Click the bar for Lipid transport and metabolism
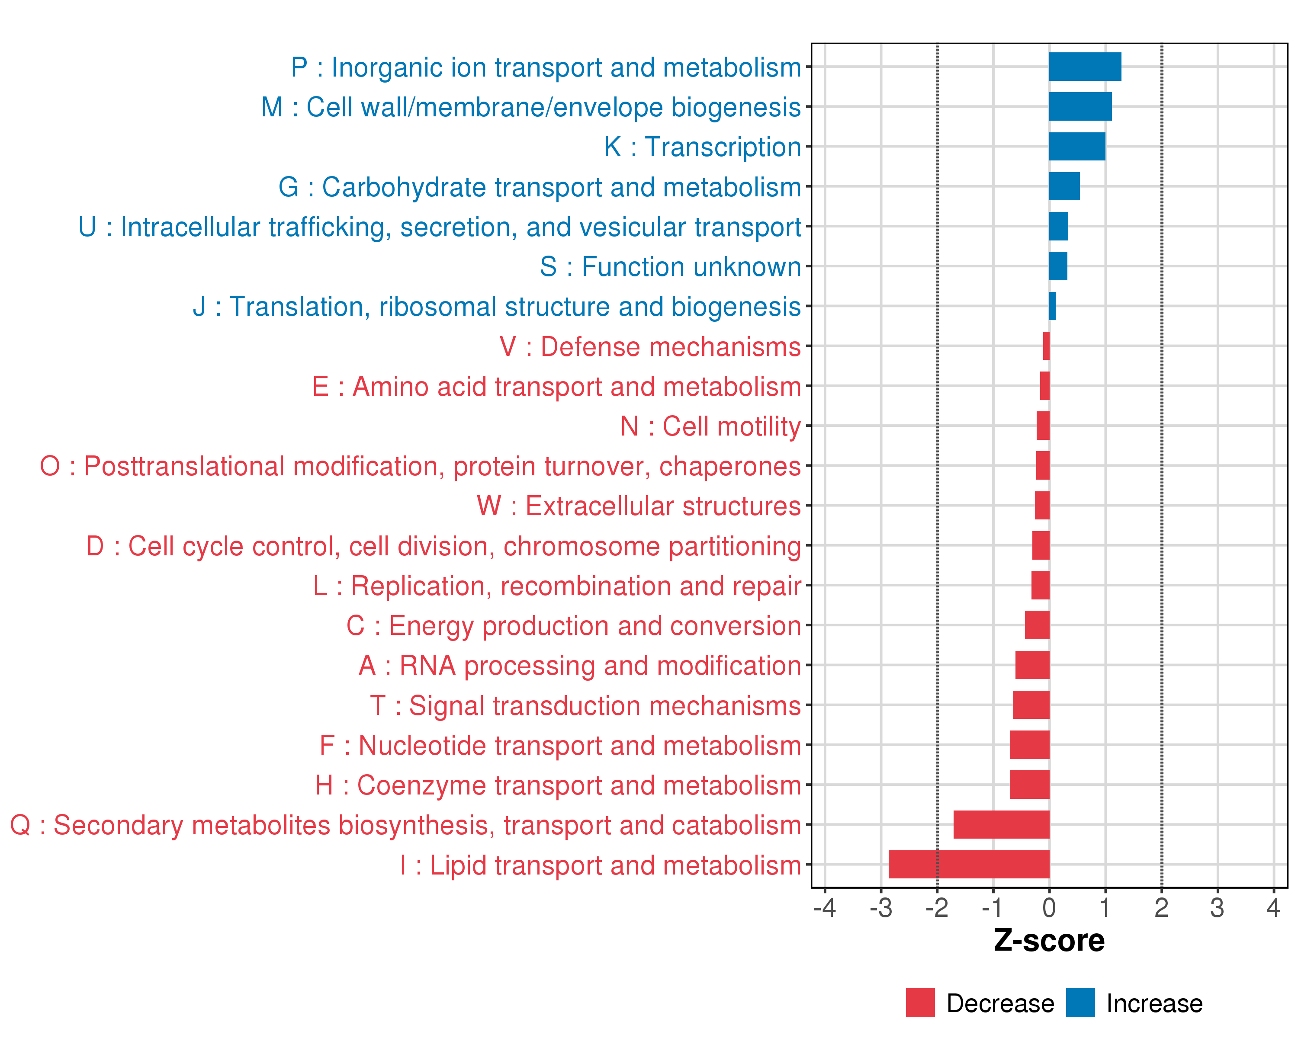(x=969, y=864)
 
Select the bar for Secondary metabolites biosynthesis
(x=1001, y=824)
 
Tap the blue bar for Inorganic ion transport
(x=1085, y=67)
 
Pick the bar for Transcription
(x=1077, y=146)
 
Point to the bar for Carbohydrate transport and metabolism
(x=1064, y=186)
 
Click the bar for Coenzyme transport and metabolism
(x=1029, y=785)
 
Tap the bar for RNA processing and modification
(x=1032, y=665)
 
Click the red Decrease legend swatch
(x=920, y=1003)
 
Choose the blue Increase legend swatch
(x=1080, y=1003)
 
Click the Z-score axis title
(x=1049, y=941)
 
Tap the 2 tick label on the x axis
(x=1161, y=908)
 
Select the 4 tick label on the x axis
(x=1273, y=908)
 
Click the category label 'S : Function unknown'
(x=670, y=266)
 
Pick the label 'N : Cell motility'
(x=710, y=426)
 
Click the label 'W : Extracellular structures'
(x=639, y=506)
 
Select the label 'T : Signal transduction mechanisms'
(x=585, y=705)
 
